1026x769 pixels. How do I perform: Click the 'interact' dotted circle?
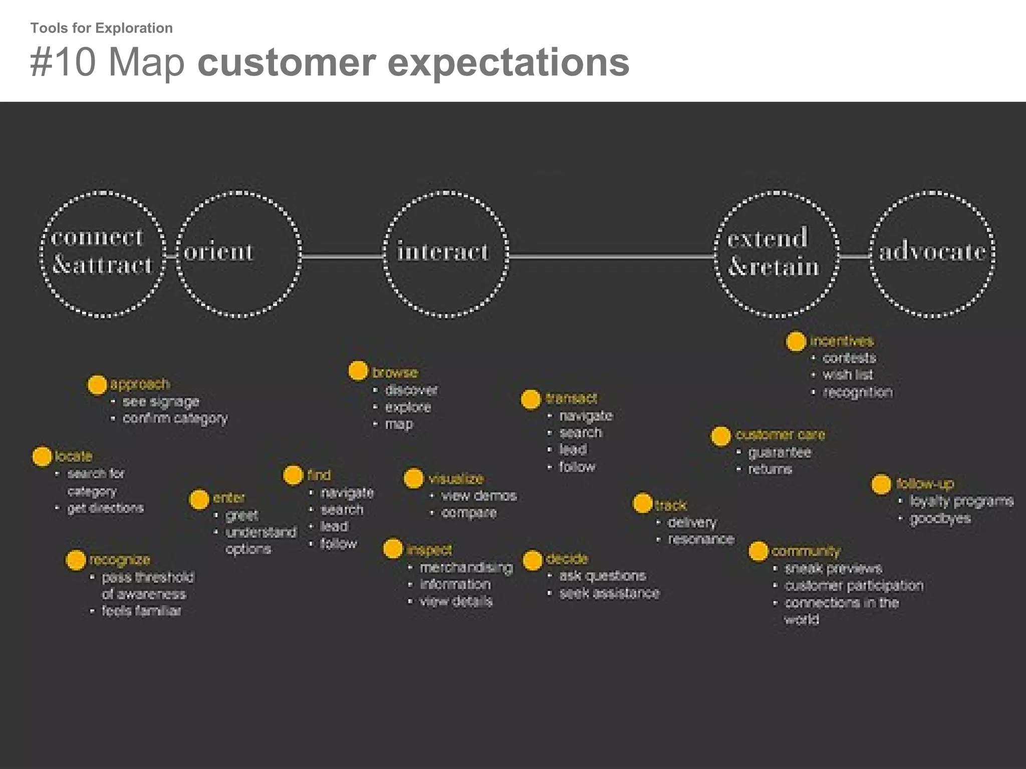pos(445,254)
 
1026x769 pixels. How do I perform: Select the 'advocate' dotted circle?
pos(932,254)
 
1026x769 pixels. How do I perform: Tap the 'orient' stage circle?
pos(239,254)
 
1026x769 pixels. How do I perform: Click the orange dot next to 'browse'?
pos(358,371)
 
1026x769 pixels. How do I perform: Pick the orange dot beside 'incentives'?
pos(796,341)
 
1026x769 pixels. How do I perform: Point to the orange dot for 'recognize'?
pos(76,560)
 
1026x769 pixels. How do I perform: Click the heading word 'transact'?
pos(571,399)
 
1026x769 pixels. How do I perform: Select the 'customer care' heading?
pos(780,435)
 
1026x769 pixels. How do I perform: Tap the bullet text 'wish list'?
pos(847,374)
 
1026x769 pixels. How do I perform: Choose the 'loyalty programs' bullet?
pos(961,501)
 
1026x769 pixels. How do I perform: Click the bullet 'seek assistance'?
pos(609,593)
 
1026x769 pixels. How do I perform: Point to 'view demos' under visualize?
pos(478,496)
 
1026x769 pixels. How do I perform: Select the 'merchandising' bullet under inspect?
pos(466,567)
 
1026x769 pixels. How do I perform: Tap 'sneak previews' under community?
pos(833,569)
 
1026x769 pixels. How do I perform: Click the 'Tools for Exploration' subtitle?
pos(101,28)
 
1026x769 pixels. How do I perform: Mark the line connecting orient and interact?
pos(343,256)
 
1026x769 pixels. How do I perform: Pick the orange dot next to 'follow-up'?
pos(881,485)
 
